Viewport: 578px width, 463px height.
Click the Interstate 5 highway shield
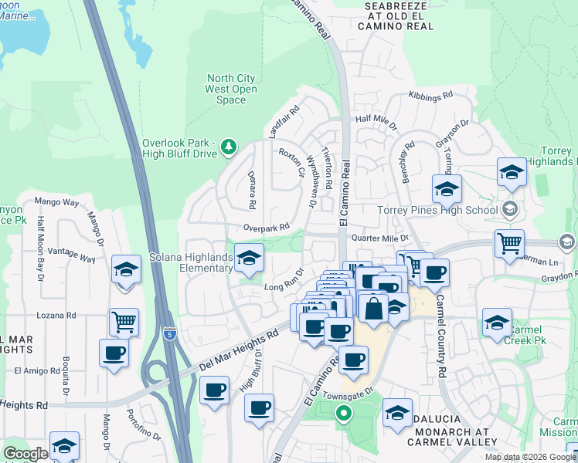(170, 334)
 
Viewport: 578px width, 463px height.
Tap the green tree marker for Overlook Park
(228, 146)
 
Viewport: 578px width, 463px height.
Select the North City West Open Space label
(232, 89)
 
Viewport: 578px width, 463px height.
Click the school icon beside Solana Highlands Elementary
(249, 260)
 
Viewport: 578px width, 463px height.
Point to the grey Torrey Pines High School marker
(509, 209)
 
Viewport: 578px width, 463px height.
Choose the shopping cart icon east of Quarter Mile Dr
(509, 243)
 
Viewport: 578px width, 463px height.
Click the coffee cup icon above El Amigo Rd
(114, 353)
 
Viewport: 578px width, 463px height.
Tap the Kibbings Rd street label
(430, 97)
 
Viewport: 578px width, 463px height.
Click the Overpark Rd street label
(265, 227)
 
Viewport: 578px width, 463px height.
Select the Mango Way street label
(56, 203)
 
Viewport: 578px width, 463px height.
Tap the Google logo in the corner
(25, 454)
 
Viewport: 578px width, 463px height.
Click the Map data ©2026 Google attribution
(529, 457)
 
